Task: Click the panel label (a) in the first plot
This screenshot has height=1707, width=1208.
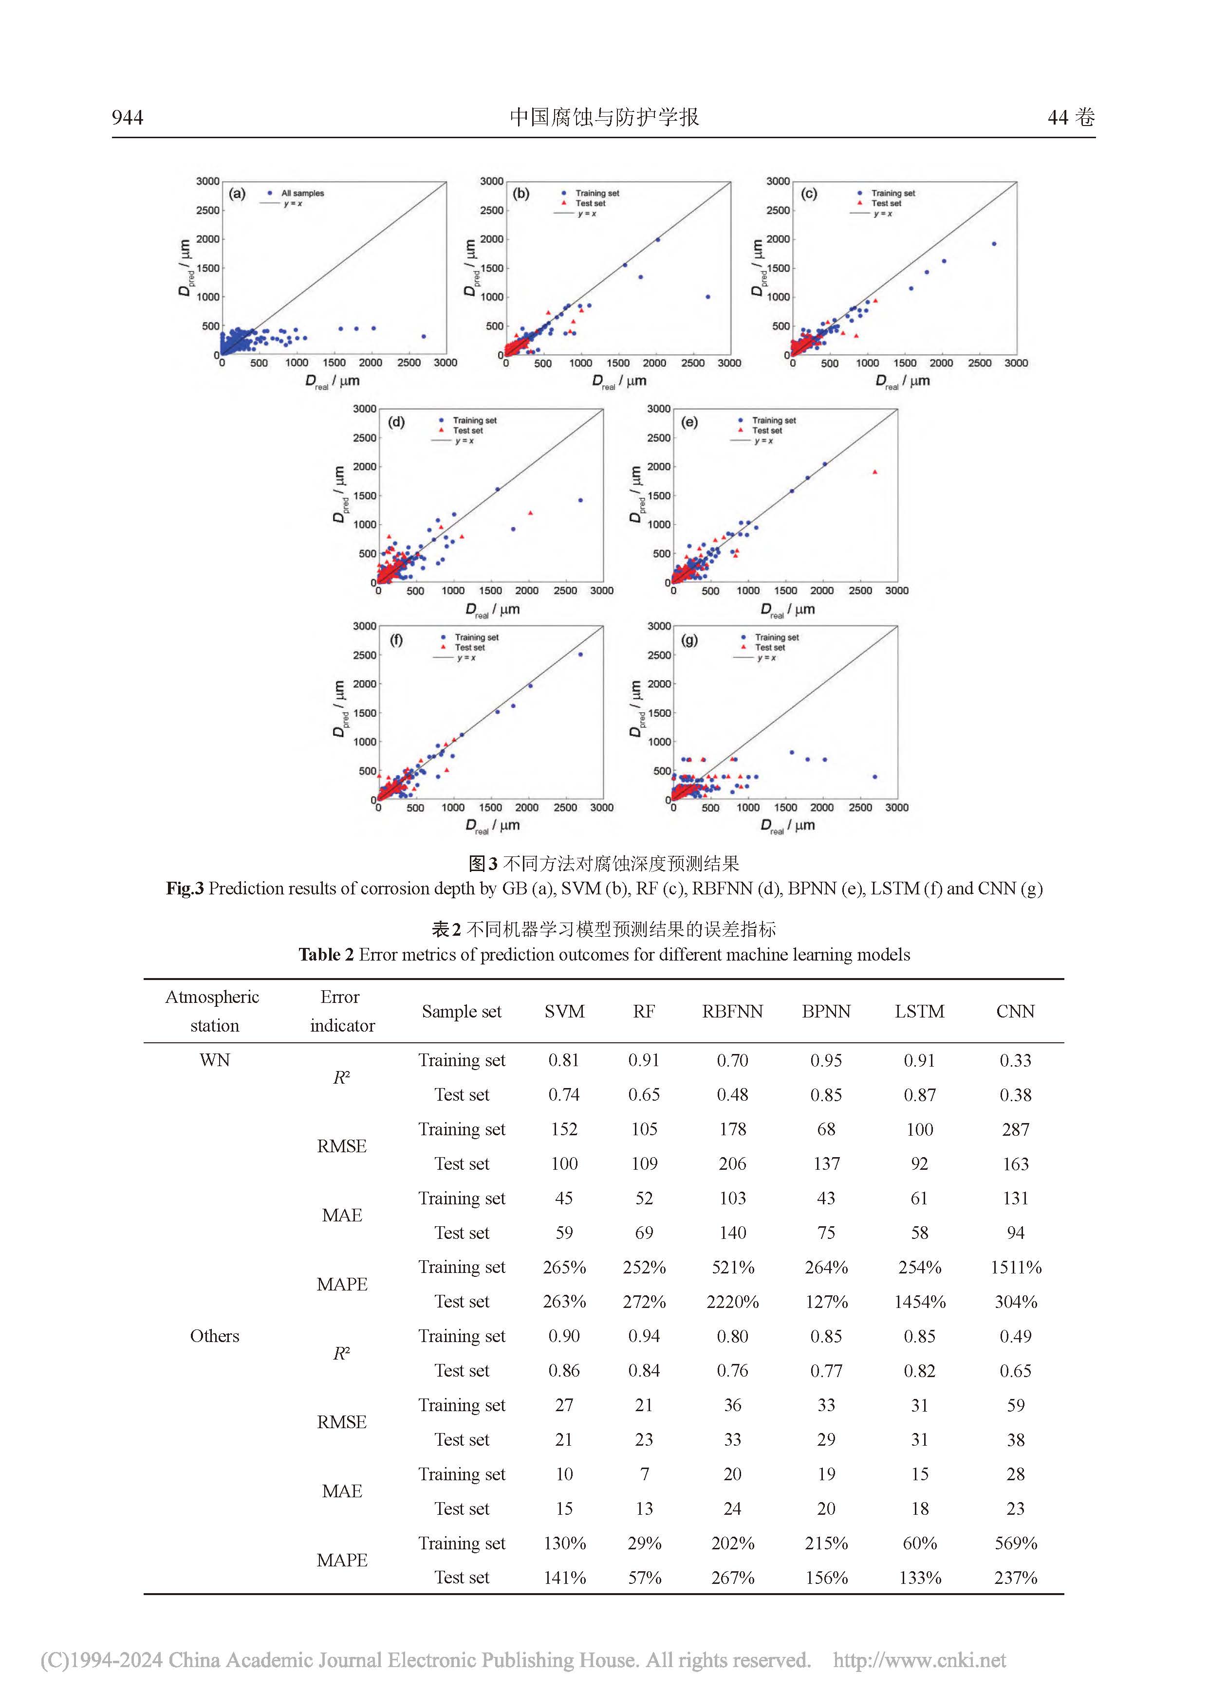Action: pos(237,194)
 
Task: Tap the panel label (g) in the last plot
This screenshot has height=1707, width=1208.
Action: pos(689,640)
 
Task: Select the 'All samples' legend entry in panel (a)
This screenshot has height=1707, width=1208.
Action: pos(302,193)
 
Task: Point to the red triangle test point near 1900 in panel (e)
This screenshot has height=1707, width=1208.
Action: pos(875,472)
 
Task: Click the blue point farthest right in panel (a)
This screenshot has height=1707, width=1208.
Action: pos(423,337)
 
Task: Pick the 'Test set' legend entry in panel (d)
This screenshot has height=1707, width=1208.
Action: pos(468,431)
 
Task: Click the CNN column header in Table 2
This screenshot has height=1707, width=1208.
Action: pos(1015,1011)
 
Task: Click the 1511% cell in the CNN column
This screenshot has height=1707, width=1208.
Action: pos(1015,1268)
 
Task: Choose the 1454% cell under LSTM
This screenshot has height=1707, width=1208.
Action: pos(919,1302)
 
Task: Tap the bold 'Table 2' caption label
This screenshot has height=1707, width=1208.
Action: pos(326,955)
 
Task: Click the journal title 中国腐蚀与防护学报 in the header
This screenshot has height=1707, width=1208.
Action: pos(604,117)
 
